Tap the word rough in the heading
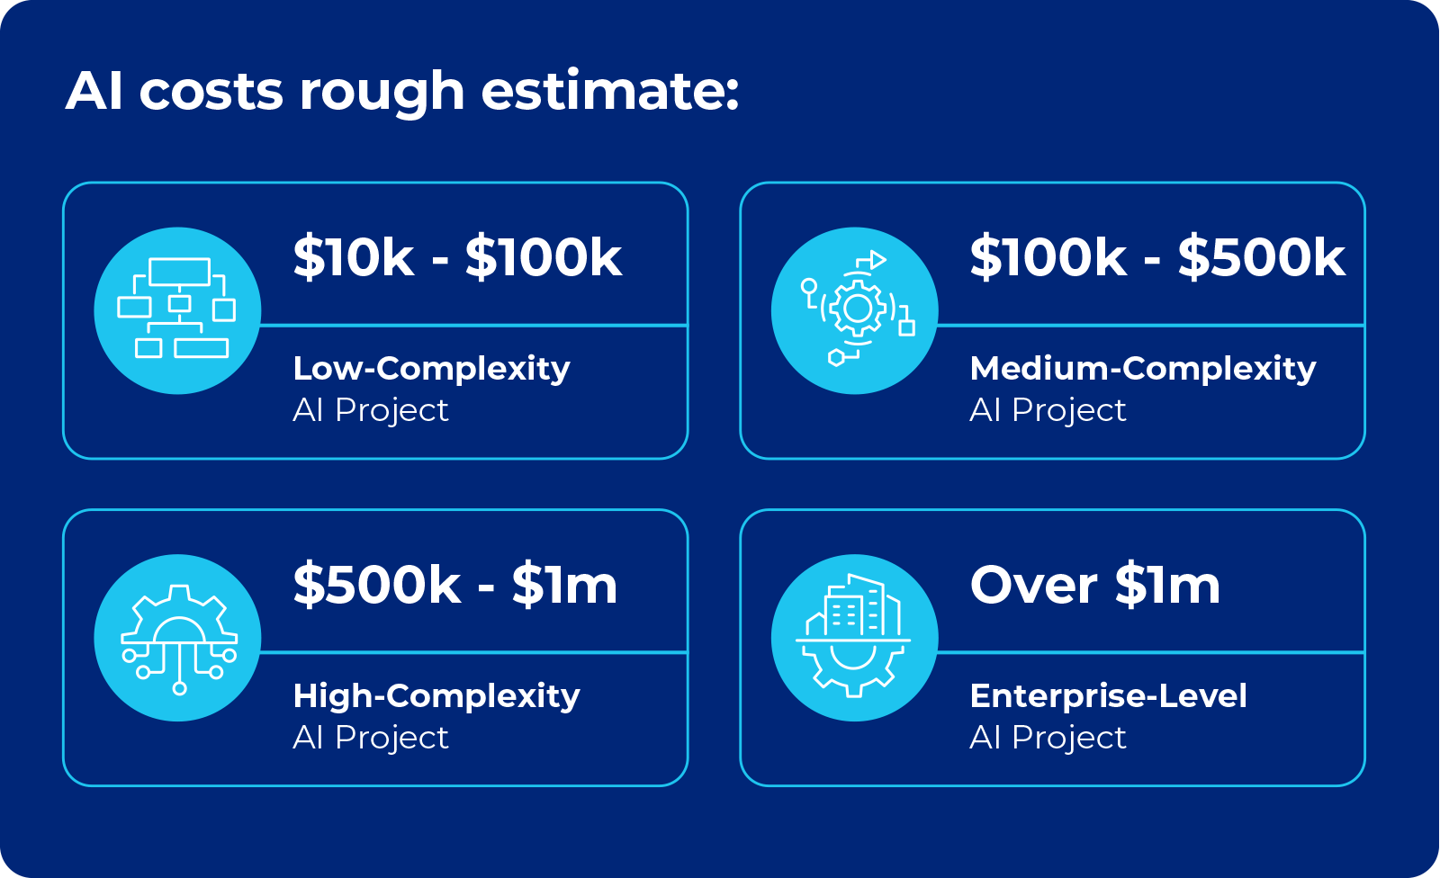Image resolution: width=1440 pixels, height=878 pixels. pos(382,93)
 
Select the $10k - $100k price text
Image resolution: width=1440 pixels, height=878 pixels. pos(457,258)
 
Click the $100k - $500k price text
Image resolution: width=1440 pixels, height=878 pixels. pos(1156,258)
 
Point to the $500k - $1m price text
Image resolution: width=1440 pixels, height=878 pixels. pos(455,586)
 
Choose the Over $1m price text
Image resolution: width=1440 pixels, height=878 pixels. pos(1094,586)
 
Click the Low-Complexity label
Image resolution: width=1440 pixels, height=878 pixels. pos(431,369)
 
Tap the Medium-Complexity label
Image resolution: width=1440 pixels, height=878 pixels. pos(1142,369)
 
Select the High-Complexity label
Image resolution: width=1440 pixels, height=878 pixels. pos(436,696)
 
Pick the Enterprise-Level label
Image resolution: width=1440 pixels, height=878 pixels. pos(1108,696)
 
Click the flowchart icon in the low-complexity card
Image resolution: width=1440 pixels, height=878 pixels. pos(177,310)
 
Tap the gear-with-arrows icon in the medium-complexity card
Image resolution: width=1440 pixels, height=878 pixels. pos(855,310)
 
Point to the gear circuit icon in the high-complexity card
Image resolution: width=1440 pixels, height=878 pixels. pos(177,638)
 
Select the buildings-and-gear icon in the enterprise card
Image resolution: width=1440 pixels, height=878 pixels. pos(855,638)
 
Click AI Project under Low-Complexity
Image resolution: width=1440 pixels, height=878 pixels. pos(370,411)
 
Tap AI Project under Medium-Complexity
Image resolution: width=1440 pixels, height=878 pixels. pos(1047,411)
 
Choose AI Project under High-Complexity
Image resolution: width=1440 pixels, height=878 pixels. pos(370,739)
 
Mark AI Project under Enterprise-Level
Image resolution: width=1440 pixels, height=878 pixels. pos(1047,739)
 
